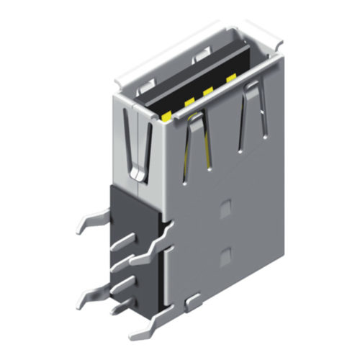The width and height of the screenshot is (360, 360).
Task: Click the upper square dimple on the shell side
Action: [226, 207]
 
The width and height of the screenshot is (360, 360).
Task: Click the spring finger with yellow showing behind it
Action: [197, 140]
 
